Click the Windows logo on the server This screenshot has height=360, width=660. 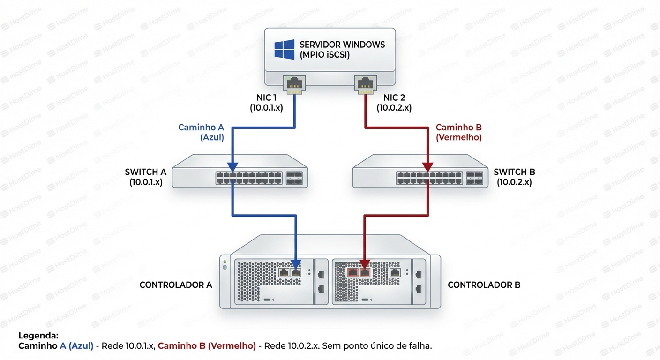[x=285, y=50]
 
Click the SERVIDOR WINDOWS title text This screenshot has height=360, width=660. [x=342, y=45]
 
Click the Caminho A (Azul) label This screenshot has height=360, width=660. [x=201, y=132]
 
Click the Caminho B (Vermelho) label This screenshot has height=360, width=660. [x=458, y=132]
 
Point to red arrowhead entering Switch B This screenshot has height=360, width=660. [x=427, y=167]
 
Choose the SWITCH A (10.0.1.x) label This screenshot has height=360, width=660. [x=146, y=177]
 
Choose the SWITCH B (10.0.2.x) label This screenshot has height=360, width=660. [x=514, y=177]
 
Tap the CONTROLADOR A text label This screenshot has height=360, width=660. [x=176, y=285]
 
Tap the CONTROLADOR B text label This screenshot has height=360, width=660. [x=484, y=285]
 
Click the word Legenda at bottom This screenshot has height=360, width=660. [x=38, y=336]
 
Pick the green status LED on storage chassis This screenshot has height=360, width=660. [x=225, y=261]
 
